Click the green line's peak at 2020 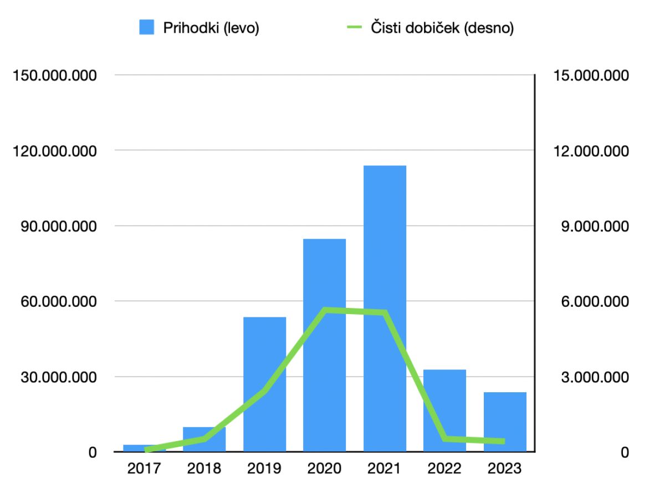click(x=325, y=310)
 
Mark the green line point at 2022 click(x=445, y=439)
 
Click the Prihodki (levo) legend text click(x=211, y=28)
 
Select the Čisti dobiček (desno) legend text click(x=442, y=28)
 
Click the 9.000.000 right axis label click(x=590, y=226)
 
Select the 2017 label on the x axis click(x=144, y=469)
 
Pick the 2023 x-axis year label click(x=504, y=469)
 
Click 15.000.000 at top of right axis click(x=590, y=75)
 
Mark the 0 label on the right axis click(x=625, y=453)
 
